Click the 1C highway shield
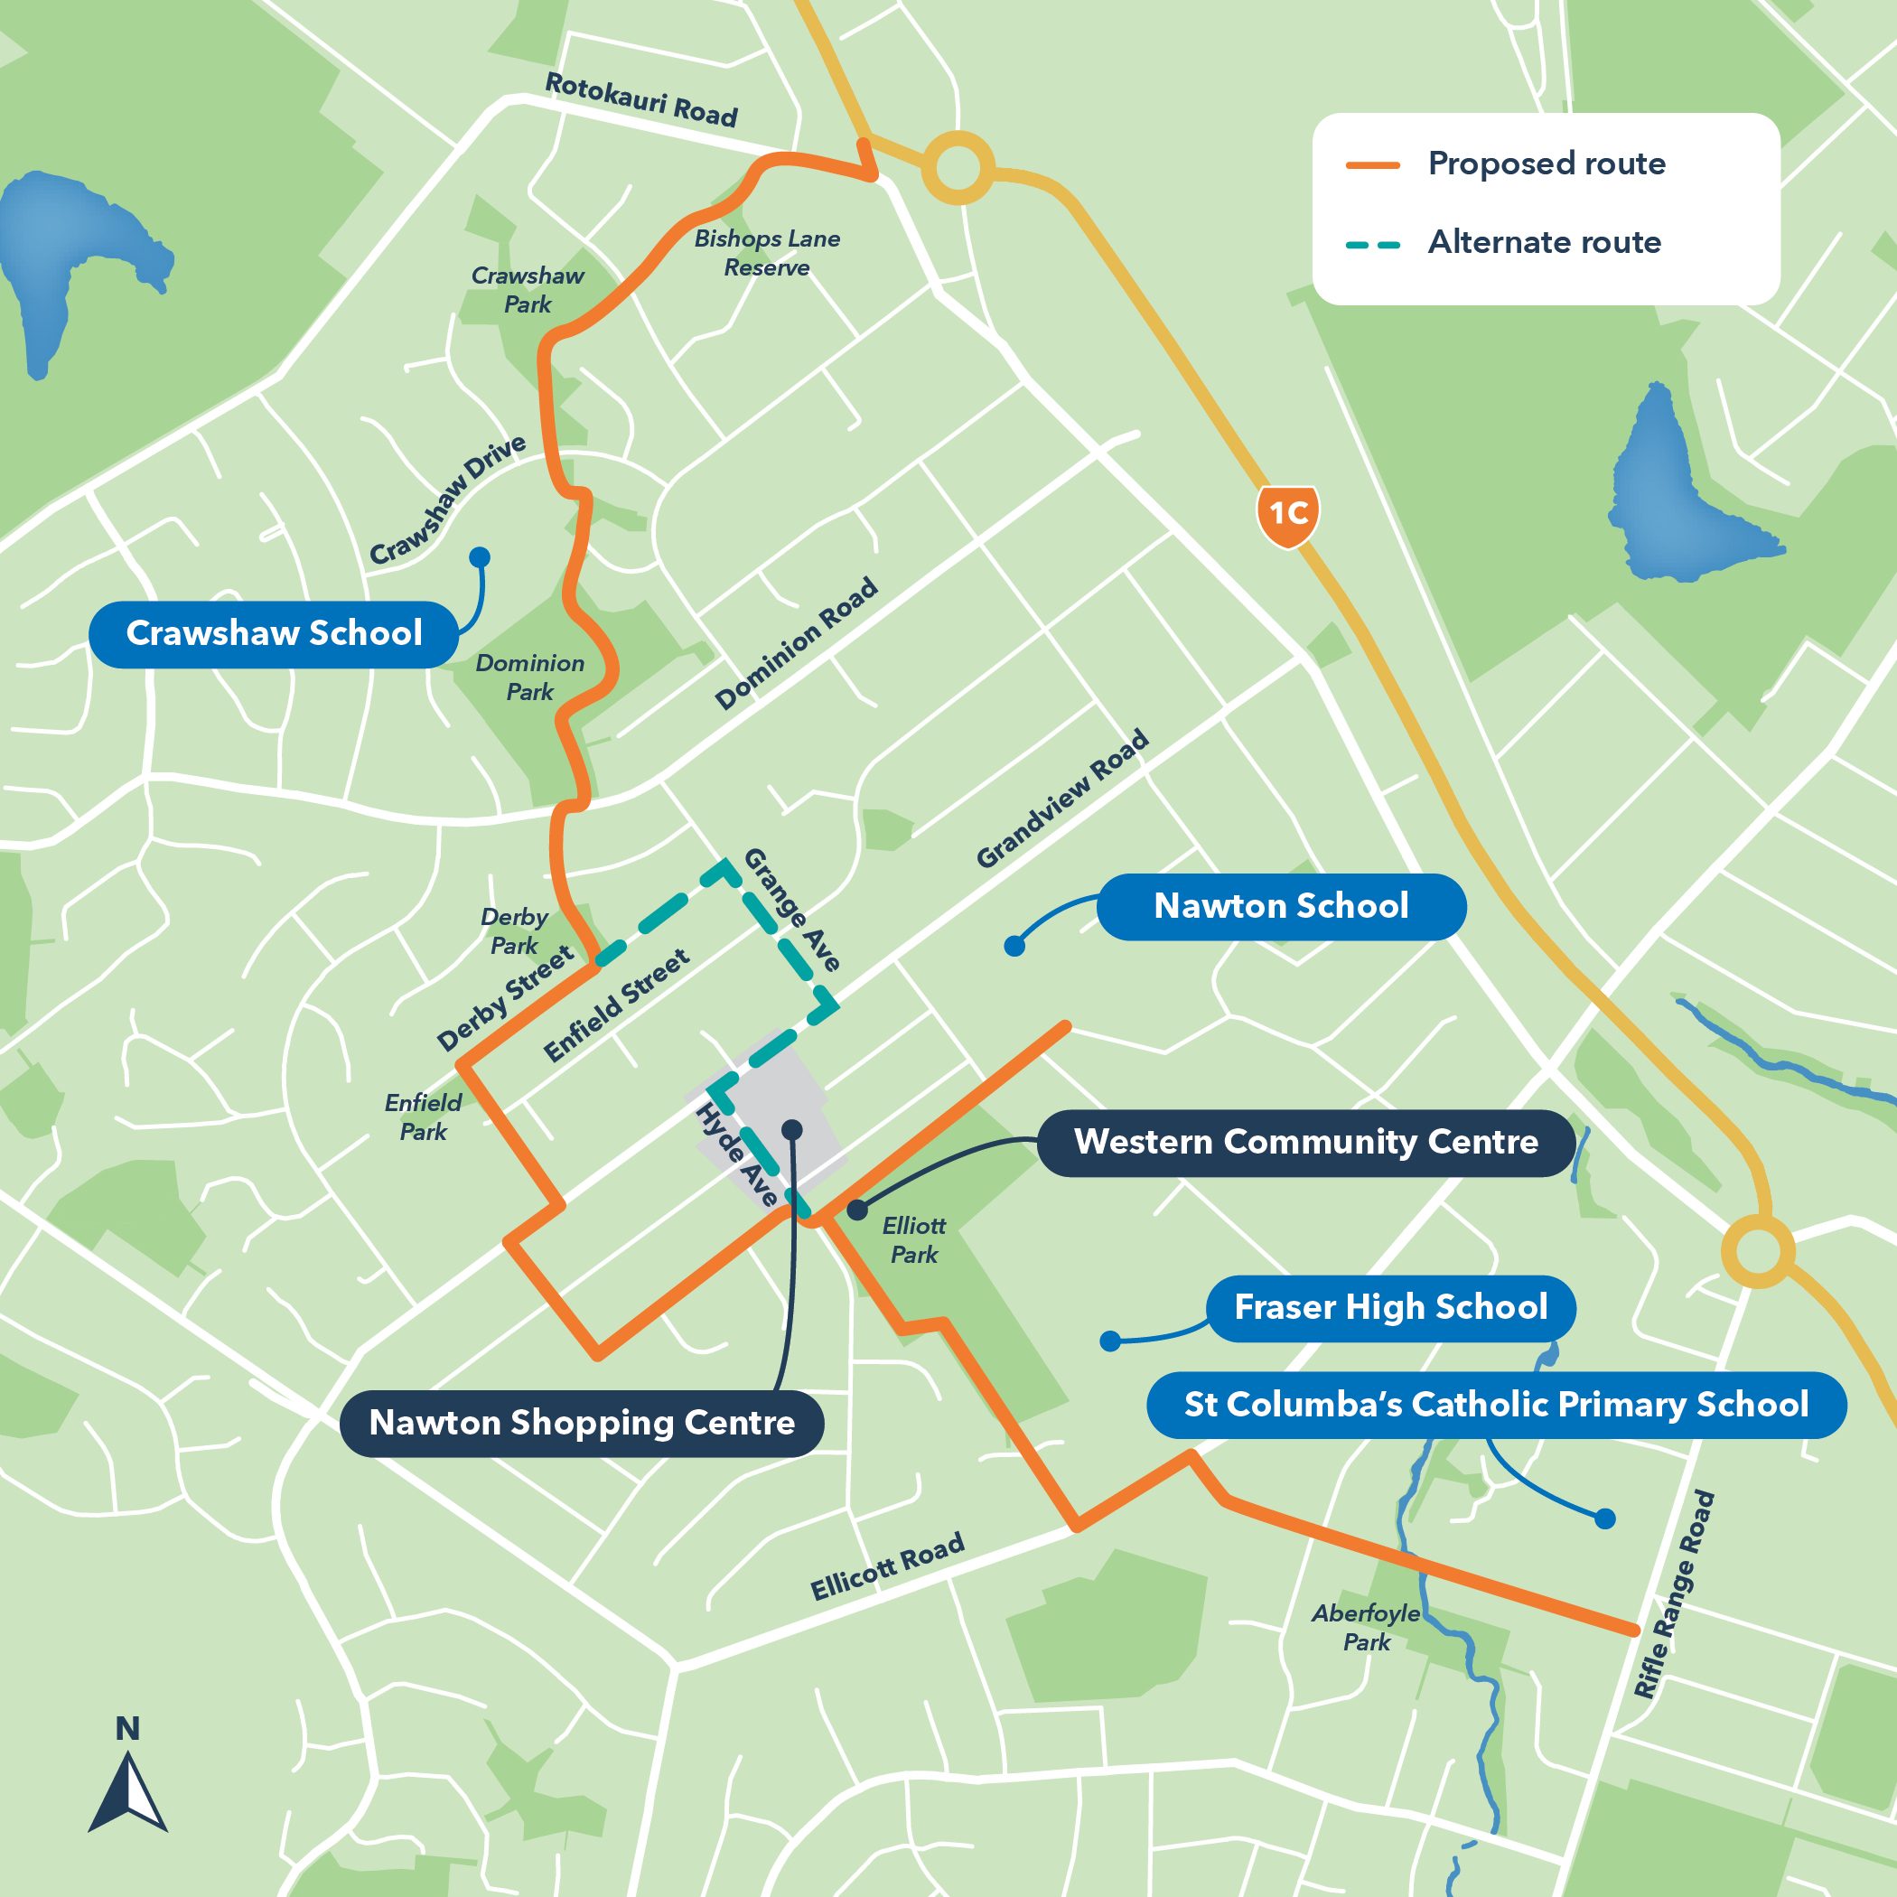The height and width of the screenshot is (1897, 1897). [x=1287, y=513]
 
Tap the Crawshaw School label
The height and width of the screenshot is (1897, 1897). [x=274, y=634]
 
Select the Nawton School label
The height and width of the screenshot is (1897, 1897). [x=1280, y=906]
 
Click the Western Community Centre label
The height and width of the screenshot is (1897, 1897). [x=1305, y=1143]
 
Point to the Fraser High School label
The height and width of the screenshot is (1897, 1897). [x=1389, y=1308]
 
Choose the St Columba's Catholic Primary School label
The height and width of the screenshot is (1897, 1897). [x=1495, y=1405]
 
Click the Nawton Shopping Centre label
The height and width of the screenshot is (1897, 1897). [x=581, y=1423]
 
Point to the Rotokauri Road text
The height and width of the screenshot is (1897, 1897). [x=640, y=99]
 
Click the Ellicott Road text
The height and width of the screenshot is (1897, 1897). [x=887, y=1566]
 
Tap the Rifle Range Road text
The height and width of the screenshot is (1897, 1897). [x=1674, y=1594]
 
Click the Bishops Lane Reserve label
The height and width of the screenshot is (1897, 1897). [x=767, y=252]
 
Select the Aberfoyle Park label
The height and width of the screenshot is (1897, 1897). [x=1366, y=1627]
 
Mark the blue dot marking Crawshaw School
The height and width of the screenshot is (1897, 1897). [x=479, y=557]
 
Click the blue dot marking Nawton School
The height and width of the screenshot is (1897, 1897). [x=1014, y=947]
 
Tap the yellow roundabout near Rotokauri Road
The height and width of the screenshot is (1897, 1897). [x=958, y=168]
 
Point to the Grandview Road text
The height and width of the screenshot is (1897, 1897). [x=1062, y=799]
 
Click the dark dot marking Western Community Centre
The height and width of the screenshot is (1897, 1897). [x=857, y=1210]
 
